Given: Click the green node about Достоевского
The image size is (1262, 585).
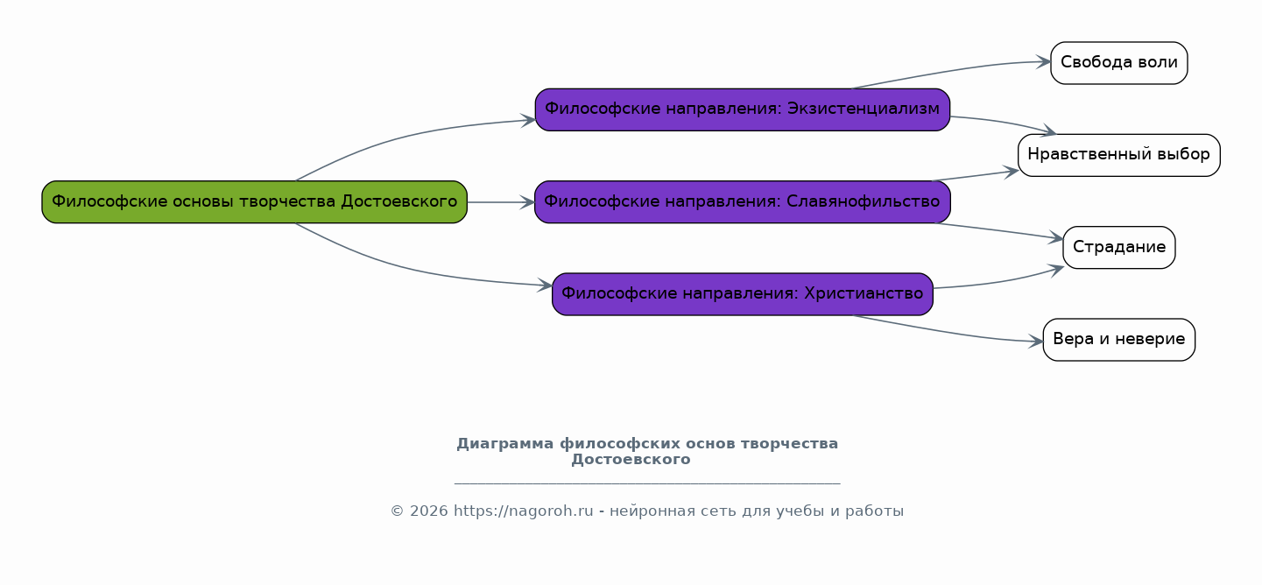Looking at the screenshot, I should coord(254,202).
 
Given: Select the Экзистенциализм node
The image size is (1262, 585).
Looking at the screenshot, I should coord(742,109).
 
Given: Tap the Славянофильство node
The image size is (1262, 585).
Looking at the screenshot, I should coord(742,202).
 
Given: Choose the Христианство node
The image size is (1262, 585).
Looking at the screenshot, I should coord(742,294).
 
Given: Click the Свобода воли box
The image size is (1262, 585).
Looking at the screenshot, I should coord(1118,63).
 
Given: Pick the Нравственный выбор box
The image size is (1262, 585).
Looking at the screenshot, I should coord(1118,155).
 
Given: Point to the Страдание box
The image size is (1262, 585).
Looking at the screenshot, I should coord(1118,248).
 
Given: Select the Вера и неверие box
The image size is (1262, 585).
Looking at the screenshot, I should coord(1118,340).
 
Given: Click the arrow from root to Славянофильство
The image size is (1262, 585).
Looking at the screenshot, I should coord(500,202).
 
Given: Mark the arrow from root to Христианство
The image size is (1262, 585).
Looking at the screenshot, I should coord(412,271).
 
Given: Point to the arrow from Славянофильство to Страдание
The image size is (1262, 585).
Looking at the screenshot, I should coord(998,231).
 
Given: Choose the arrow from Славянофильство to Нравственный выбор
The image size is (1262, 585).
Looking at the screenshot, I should coord(976,175).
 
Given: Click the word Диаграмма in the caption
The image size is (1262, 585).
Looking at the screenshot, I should coord(505,444).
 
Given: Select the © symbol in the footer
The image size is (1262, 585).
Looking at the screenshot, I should coord(397,511).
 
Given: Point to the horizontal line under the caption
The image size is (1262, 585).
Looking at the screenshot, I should coord(647,483).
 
